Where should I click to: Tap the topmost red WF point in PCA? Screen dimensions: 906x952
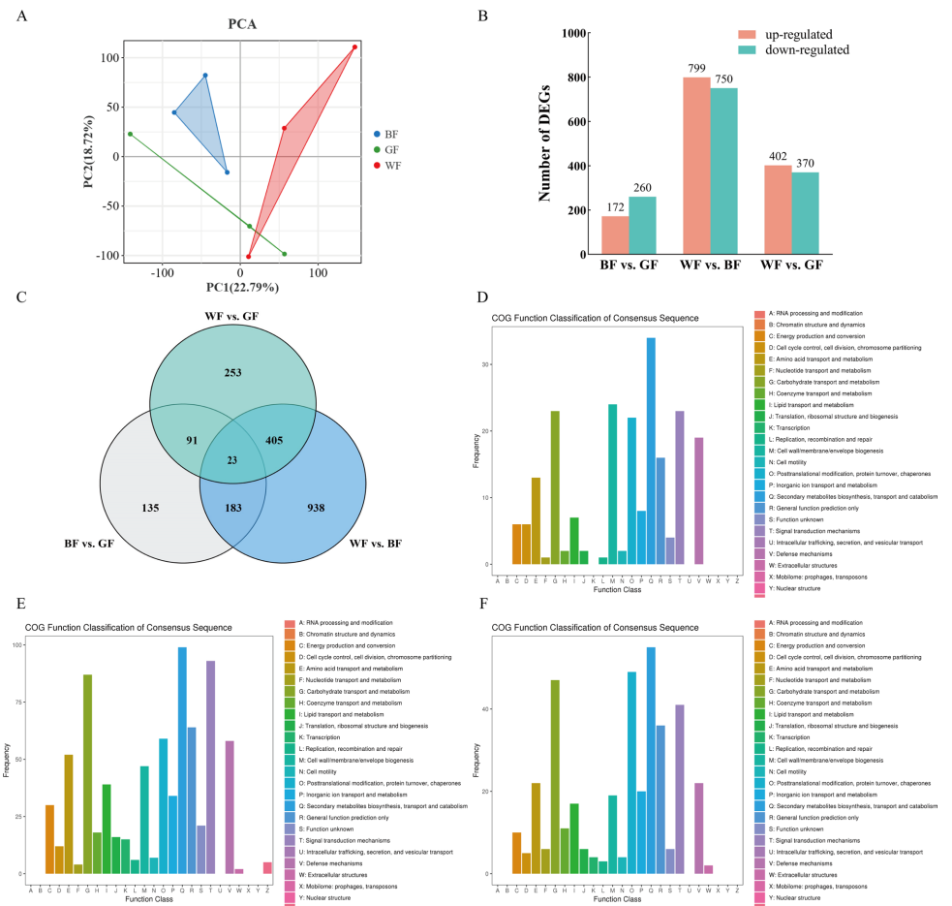click(355, 47)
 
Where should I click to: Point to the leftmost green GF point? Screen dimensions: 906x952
click(130, 134)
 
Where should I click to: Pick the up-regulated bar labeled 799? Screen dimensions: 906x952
click(695, 166)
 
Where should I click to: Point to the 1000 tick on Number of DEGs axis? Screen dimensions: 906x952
click(573, 33)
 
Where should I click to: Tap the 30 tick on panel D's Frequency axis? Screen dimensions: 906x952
click(487, 364)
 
